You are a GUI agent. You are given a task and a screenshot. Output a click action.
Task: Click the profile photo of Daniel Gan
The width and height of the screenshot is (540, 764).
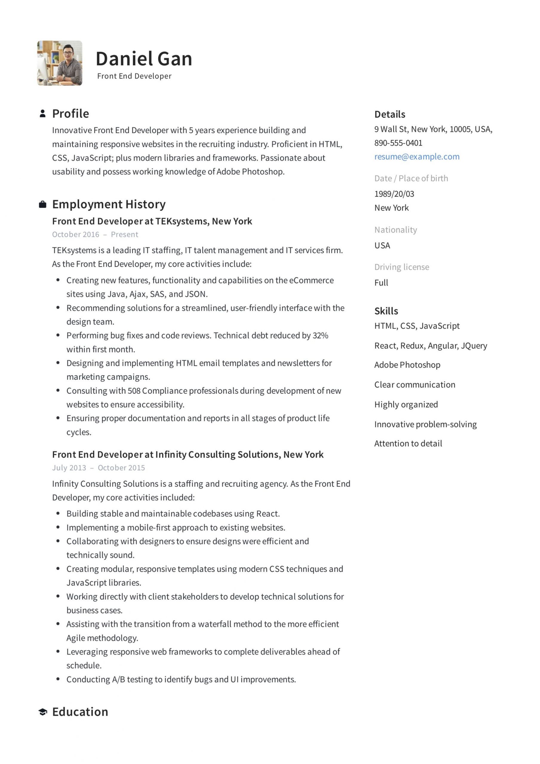click(x=60, y=63)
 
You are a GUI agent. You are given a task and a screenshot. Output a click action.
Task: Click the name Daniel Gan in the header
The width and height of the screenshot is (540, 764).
click(x=144, y=59)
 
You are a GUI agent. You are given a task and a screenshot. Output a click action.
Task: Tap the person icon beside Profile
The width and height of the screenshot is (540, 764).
click(x=43, y=114)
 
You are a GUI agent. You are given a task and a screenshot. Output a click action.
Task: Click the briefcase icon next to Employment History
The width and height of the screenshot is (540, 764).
click(x=43, y=204)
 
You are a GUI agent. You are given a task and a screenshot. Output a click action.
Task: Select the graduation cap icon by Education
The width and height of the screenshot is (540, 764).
click(x=43, y=712)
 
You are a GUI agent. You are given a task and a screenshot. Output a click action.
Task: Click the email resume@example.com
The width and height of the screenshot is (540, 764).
click(x=417, y=157)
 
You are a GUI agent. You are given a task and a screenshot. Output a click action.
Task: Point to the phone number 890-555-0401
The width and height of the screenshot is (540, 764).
click(x=398, y=143)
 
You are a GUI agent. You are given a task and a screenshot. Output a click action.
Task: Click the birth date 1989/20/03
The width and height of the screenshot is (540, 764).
click(x=394, y=194)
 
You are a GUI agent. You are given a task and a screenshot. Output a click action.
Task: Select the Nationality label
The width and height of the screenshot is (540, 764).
click(x=396, y=230)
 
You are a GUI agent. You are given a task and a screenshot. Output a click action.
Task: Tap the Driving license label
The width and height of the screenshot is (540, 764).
click(x=401, y=267)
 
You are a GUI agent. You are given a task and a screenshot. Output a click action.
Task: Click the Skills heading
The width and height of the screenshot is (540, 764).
click(x=386, y=311)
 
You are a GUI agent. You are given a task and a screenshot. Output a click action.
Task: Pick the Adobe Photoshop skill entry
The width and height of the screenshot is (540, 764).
click(x=407, y=365)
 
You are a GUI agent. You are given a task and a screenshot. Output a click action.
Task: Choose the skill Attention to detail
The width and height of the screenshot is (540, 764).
click(x=408, y=443)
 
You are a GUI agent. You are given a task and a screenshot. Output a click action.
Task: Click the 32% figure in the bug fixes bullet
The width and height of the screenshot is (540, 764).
click(x=320, y=335)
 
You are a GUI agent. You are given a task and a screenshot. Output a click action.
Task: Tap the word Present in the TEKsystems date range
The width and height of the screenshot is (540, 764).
click(x=124, y=235)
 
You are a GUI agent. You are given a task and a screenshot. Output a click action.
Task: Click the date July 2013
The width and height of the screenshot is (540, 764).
click(x=69, y=468)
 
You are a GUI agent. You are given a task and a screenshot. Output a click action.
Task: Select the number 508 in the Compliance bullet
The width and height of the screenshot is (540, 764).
click(x=134, y=391)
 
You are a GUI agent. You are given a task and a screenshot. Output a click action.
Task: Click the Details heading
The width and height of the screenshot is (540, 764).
click(x=390, y=115)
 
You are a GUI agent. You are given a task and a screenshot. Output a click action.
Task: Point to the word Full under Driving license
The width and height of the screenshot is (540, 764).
click(x=381, y=283)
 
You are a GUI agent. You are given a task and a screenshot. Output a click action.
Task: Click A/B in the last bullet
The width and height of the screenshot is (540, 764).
click(x=119, y=680)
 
